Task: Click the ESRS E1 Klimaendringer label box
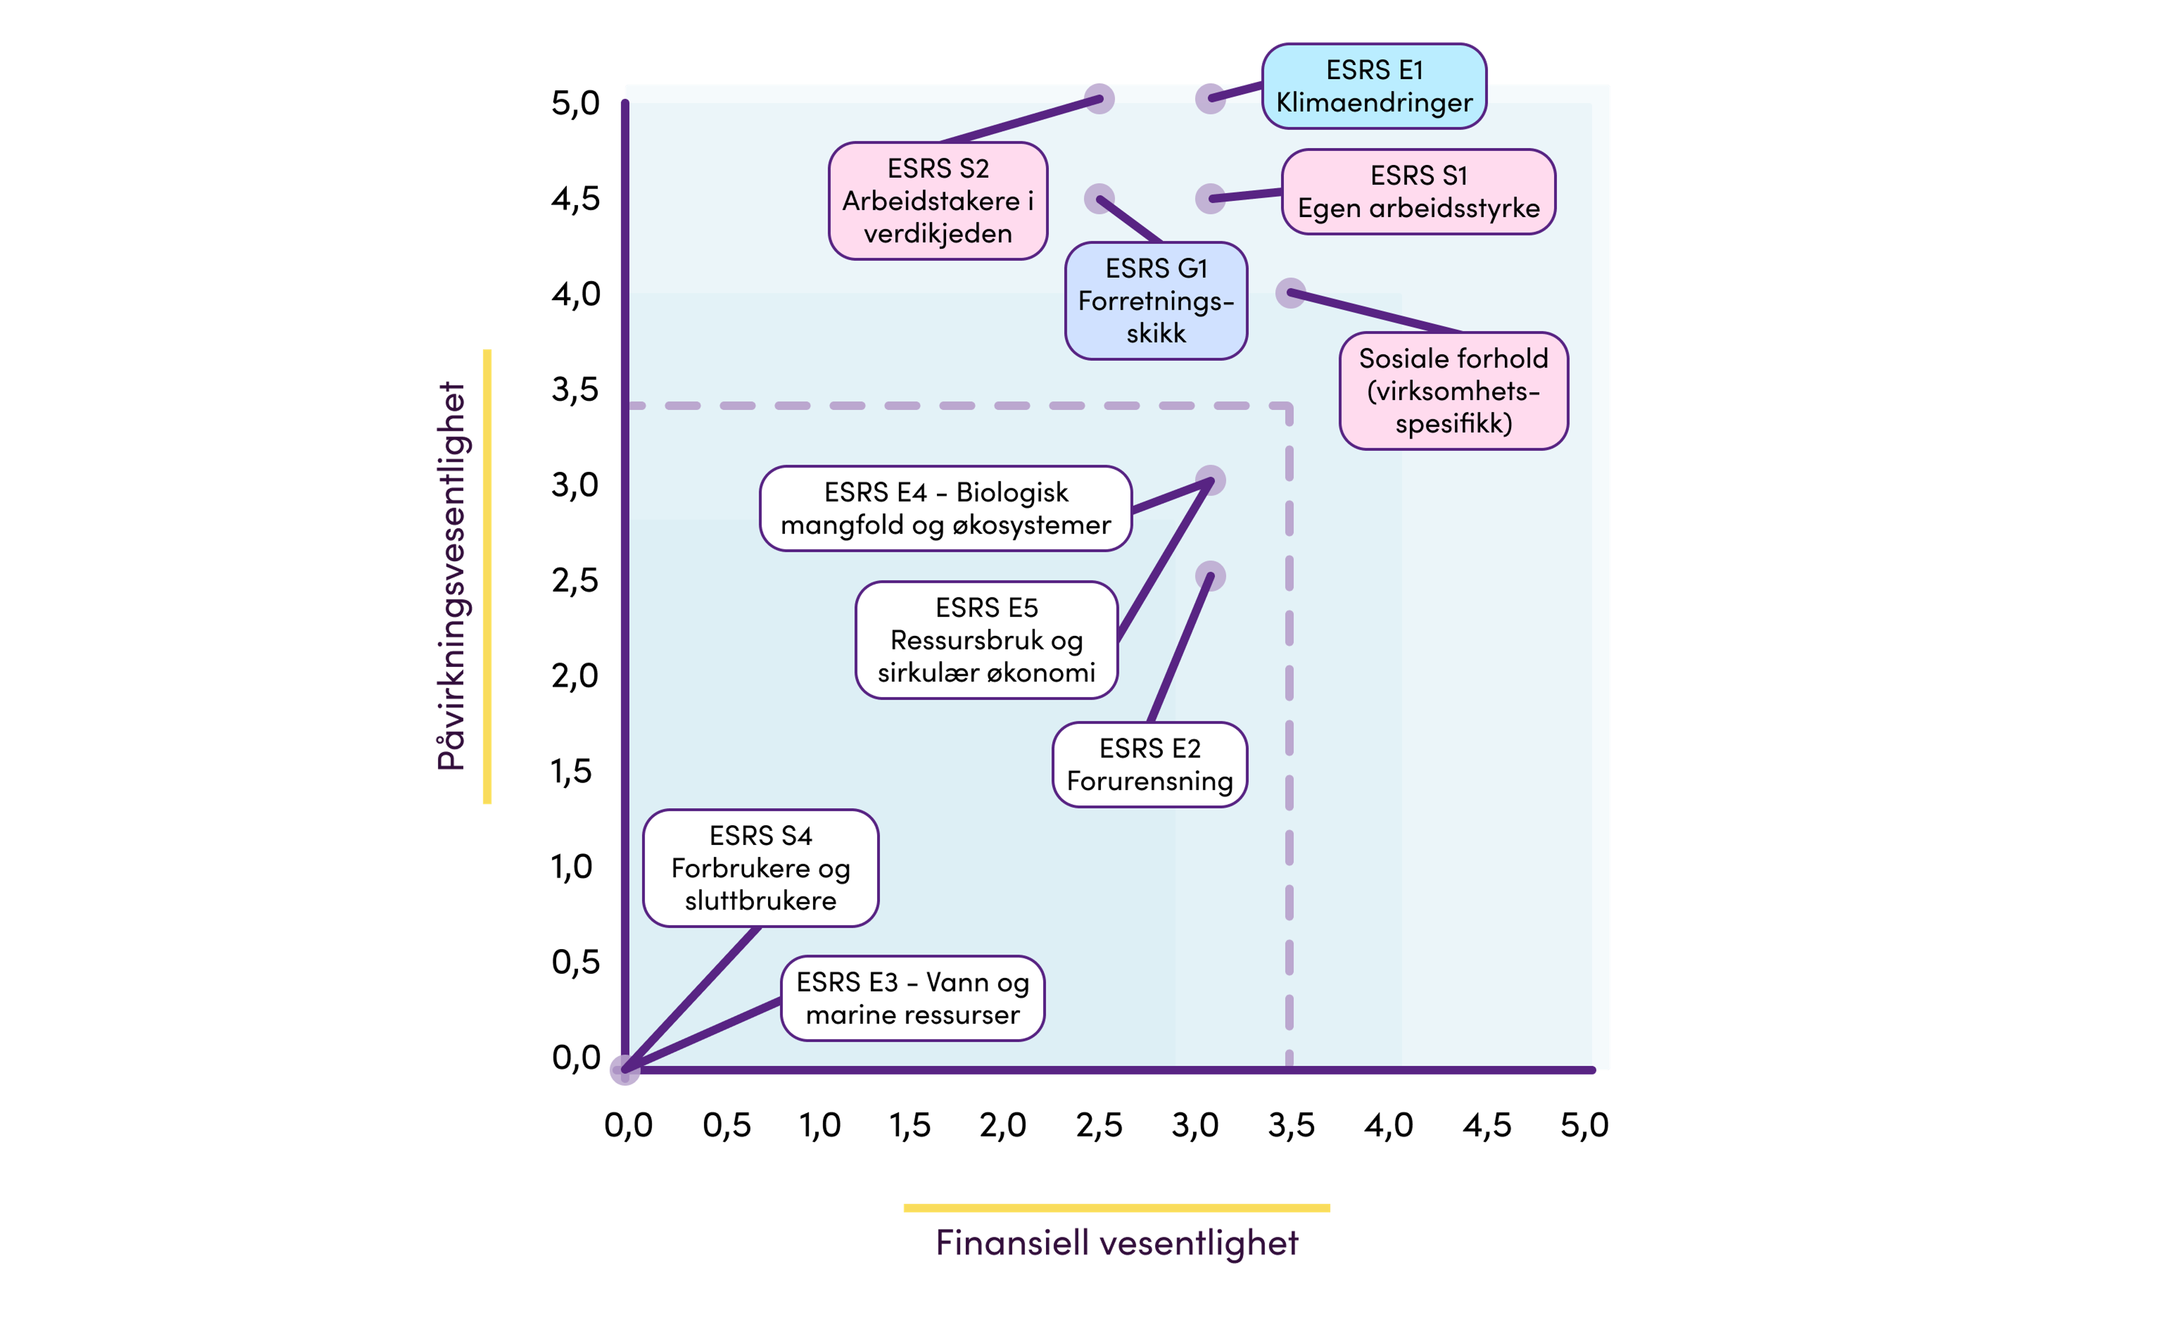1374,86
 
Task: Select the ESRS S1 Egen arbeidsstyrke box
1418,192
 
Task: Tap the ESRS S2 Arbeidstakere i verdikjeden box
938,201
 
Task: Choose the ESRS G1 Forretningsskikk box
1156,301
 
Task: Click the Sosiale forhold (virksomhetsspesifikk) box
1453,391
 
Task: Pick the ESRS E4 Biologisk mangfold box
945,509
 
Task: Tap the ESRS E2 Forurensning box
1150,765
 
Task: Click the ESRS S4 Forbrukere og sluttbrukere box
761,868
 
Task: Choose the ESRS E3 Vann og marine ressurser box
913,998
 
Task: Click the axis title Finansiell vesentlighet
1117,1242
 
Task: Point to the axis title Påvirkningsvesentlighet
452,575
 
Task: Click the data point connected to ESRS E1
1210,98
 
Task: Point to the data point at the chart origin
625,1071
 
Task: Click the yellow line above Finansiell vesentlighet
1117,1208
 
